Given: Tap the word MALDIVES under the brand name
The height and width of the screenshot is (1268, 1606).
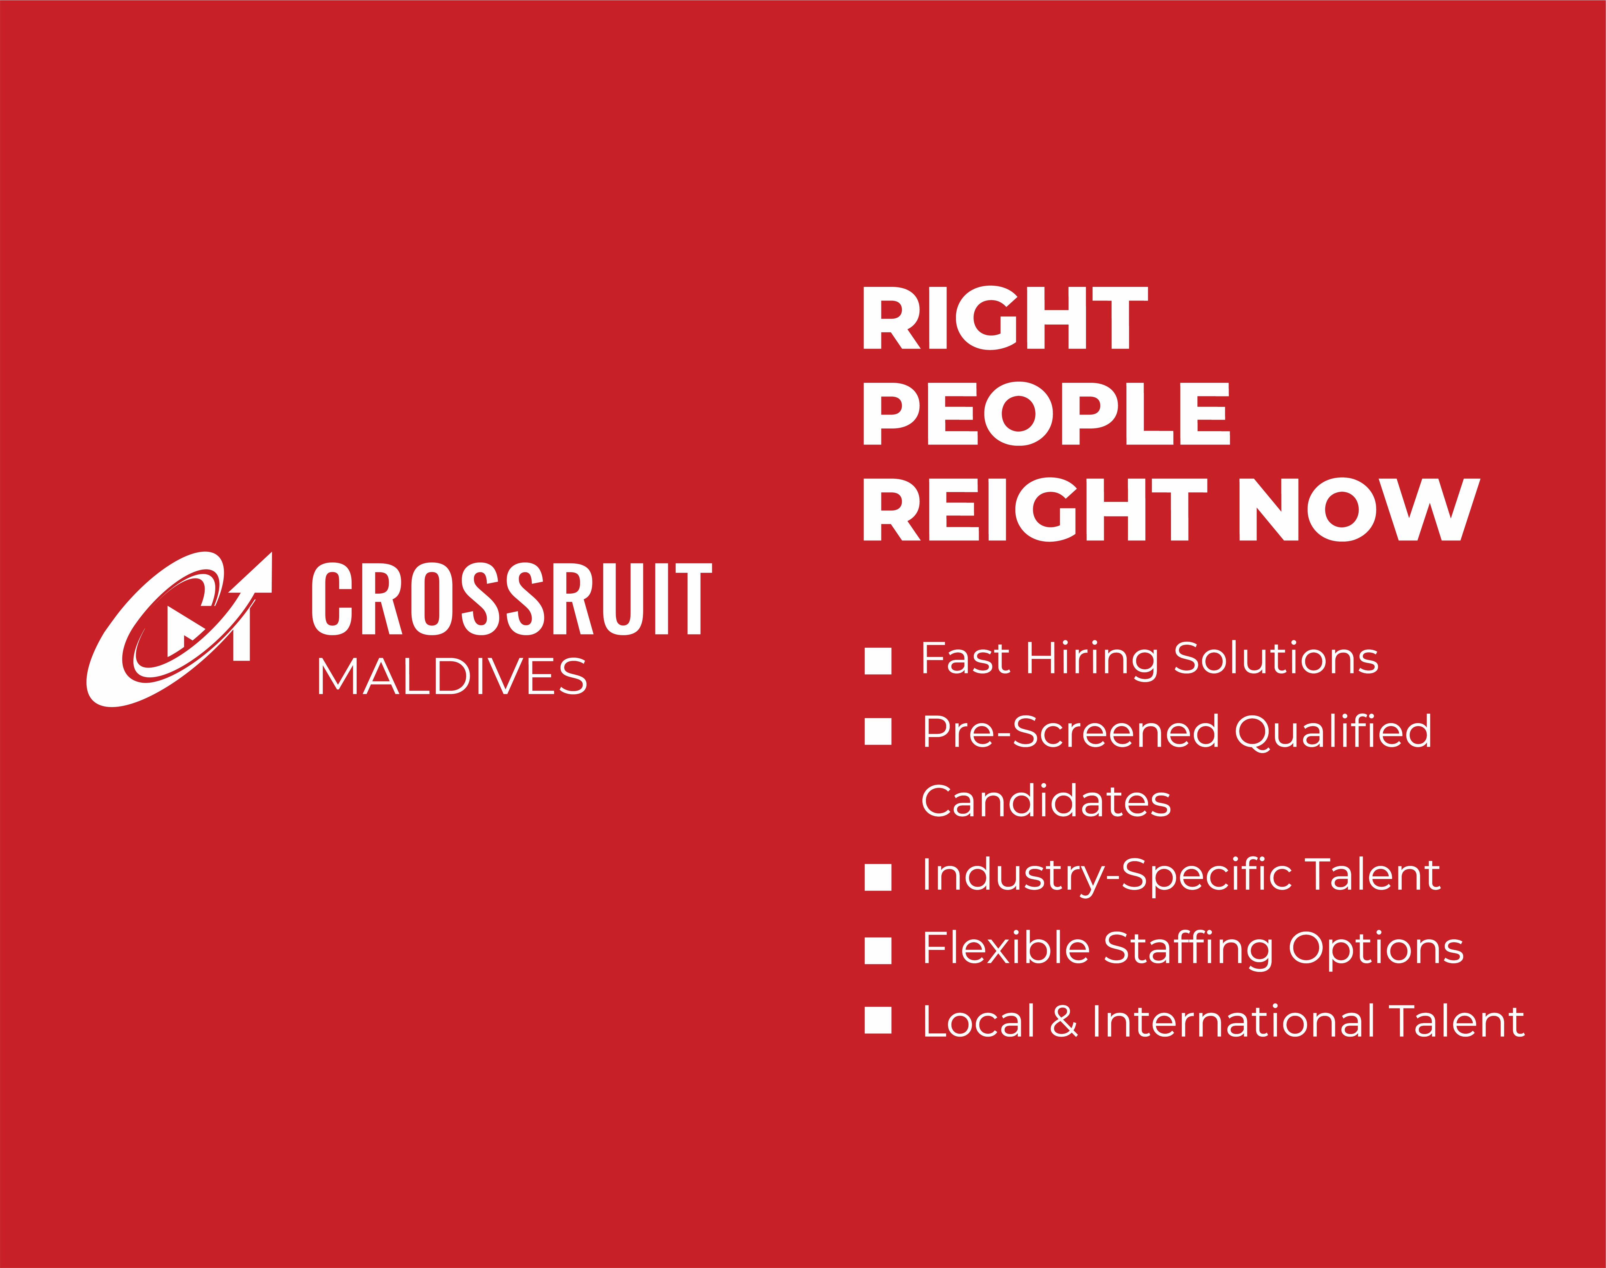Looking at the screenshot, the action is coord(451,677).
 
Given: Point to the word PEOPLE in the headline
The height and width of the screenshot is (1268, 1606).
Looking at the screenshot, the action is coord(1046,413).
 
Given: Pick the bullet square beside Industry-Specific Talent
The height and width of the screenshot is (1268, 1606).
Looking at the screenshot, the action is coord(878,877).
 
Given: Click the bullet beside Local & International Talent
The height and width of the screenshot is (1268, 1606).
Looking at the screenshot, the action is coord(878,1020).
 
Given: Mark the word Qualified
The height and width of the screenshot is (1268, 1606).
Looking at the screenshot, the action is coord(1333,732).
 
